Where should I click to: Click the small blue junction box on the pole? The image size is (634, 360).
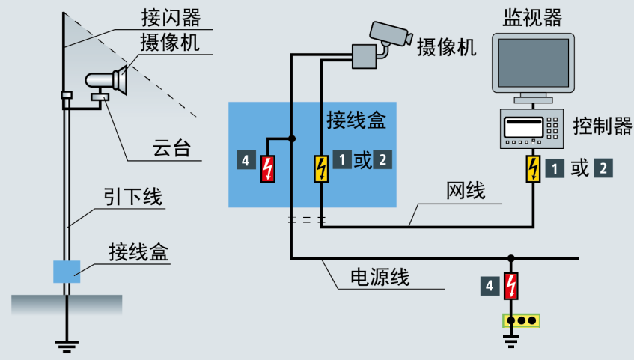point(67,271)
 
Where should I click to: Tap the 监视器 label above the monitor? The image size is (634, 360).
point(533,14)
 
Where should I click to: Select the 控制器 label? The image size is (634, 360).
point(603,125)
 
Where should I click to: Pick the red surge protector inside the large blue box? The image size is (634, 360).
point(266,168)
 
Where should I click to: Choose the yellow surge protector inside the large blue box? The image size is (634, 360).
point(320,168)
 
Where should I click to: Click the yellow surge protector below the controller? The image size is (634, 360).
point(533,168)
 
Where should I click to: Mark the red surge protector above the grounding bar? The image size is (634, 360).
point(511,286)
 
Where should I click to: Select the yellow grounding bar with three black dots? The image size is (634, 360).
point(521,320)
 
